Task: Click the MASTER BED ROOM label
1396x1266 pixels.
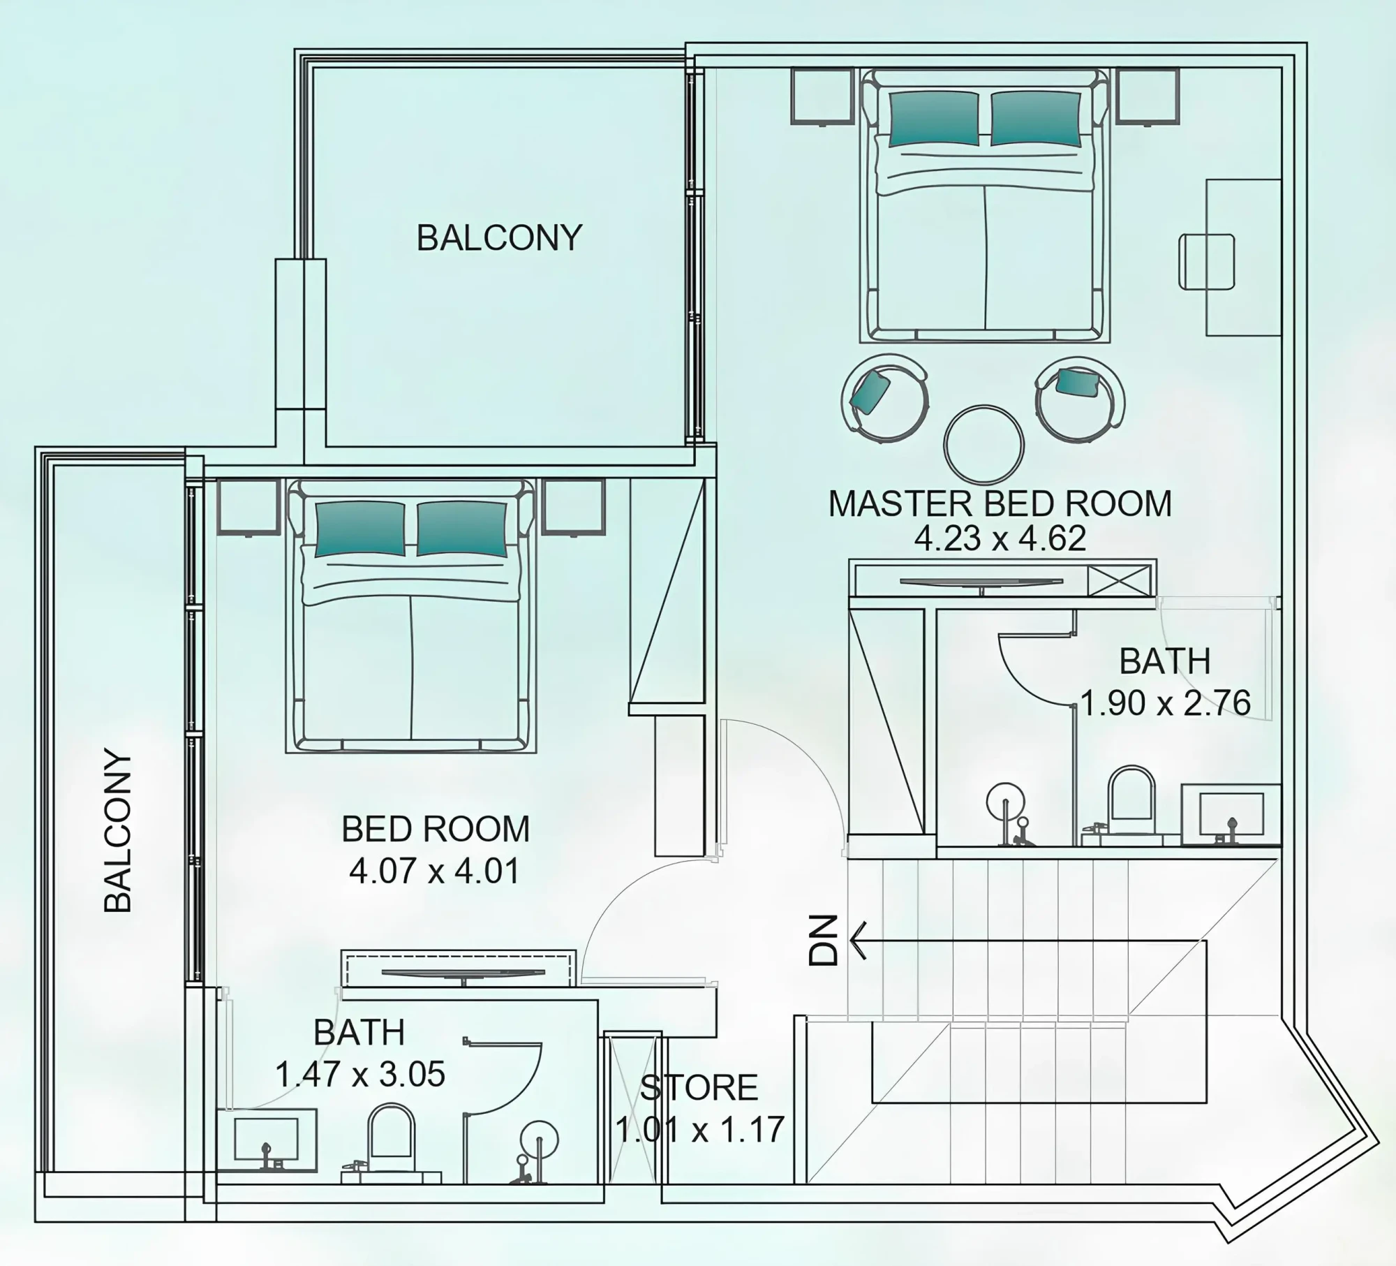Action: click(x=1000, y=504)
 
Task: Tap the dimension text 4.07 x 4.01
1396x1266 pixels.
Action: click(x=435, y=871)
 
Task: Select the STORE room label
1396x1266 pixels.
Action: click(x=699, y=1087)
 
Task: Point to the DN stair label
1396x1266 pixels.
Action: click(x=823, y=940)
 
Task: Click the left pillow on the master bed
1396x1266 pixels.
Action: click(x=934, y=119)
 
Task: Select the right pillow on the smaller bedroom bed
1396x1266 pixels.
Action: click(x=461, y=529)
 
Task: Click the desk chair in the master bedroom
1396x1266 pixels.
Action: click(x=1207, y=261)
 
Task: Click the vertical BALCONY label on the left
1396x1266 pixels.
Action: click(x=118, y=831)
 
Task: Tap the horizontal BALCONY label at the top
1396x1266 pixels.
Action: click(x=499, y=238)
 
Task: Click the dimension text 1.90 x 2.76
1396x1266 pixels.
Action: click(x=1165, y=703)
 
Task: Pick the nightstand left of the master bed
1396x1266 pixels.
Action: click(x=822, y=96)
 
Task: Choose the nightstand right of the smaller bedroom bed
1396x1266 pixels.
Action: click(x=574, y=508)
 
